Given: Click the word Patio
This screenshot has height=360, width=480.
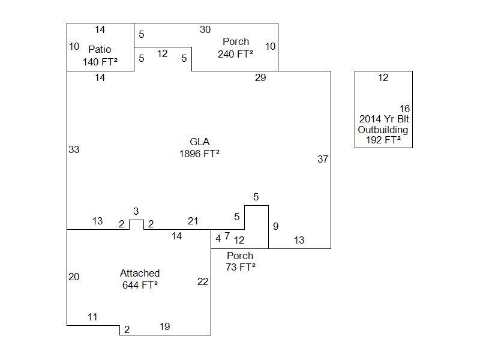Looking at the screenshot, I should pos(100,49).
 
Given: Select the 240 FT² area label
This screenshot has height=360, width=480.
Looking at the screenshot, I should pos(235,53).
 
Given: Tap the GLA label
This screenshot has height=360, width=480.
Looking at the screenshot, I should pos(199,142).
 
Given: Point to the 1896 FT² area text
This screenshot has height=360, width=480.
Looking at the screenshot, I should pos(199,154).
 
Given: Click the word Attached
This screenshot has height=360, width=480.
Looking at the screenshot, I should pos(140,274).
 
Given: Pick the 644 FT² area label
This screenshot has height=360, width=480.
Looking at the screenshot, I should pos(140,285).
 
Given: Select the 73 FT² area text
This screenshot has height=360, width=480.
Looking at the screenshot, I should pos(241,267).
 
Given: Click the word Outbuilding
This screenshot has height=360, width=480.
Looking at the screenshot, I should pos(383,130).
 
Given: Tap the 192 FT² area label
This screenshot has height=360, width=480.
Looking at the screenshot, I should pos(383,140).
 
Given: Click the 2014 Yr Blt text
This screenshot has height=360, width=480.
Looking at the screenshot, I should pos(384,119).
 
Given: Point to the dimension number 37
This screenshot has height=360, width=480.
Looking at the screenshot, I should pos(323,159).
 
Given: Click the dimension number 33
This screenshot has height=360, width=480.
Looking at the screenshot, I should pos(74,149).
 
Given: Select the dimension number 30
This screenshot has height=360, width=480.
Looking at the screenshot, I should pos(205,29).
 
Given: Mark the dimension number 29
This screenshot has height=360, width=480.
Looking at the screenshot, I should pos(260,77).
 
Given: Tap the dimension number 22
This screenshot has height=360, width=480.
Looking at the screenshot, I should pos(203,281).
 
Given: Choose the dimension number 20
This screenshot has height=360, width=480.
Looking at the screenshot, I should pos(74,277).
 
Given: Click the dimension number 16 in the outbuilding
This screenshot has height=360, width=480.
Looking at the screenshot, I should pos(404,109).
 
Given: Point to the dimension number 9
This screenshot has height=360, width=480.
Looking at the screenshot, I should pos(275,226).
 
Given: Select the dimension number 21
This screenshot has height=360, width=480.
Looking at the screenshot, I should pos(193,221).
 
